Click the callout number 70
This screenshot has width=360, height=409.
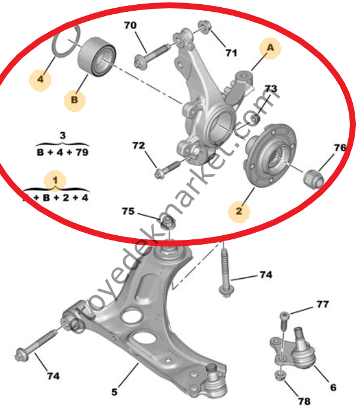(x=130, y=26)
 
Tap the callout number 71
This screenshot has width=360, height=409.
(x=231, y=53)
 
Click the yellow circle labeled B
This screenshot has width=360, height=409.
(x=74, y=100)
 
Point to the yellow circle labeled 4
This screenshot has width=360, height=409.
(x=40, y=79)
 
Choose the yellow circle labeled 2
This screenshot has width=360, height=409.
(x=239, y=210)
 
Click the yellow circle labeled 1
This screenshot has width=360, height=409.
(x=55, y=179)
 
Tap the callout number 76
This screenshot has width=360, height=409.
(x=340, y=147)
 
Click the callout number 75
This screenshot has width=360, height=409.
(x=129, y=211)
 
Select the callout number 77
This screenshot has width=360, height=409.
(x=322, y=305)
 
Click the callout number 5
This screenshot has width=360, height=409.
(x=114, y=392)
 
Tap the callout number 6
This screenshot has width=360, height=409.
(x=333, y=388)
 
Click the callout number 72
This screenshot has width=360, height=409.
(x=138, y=145)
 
